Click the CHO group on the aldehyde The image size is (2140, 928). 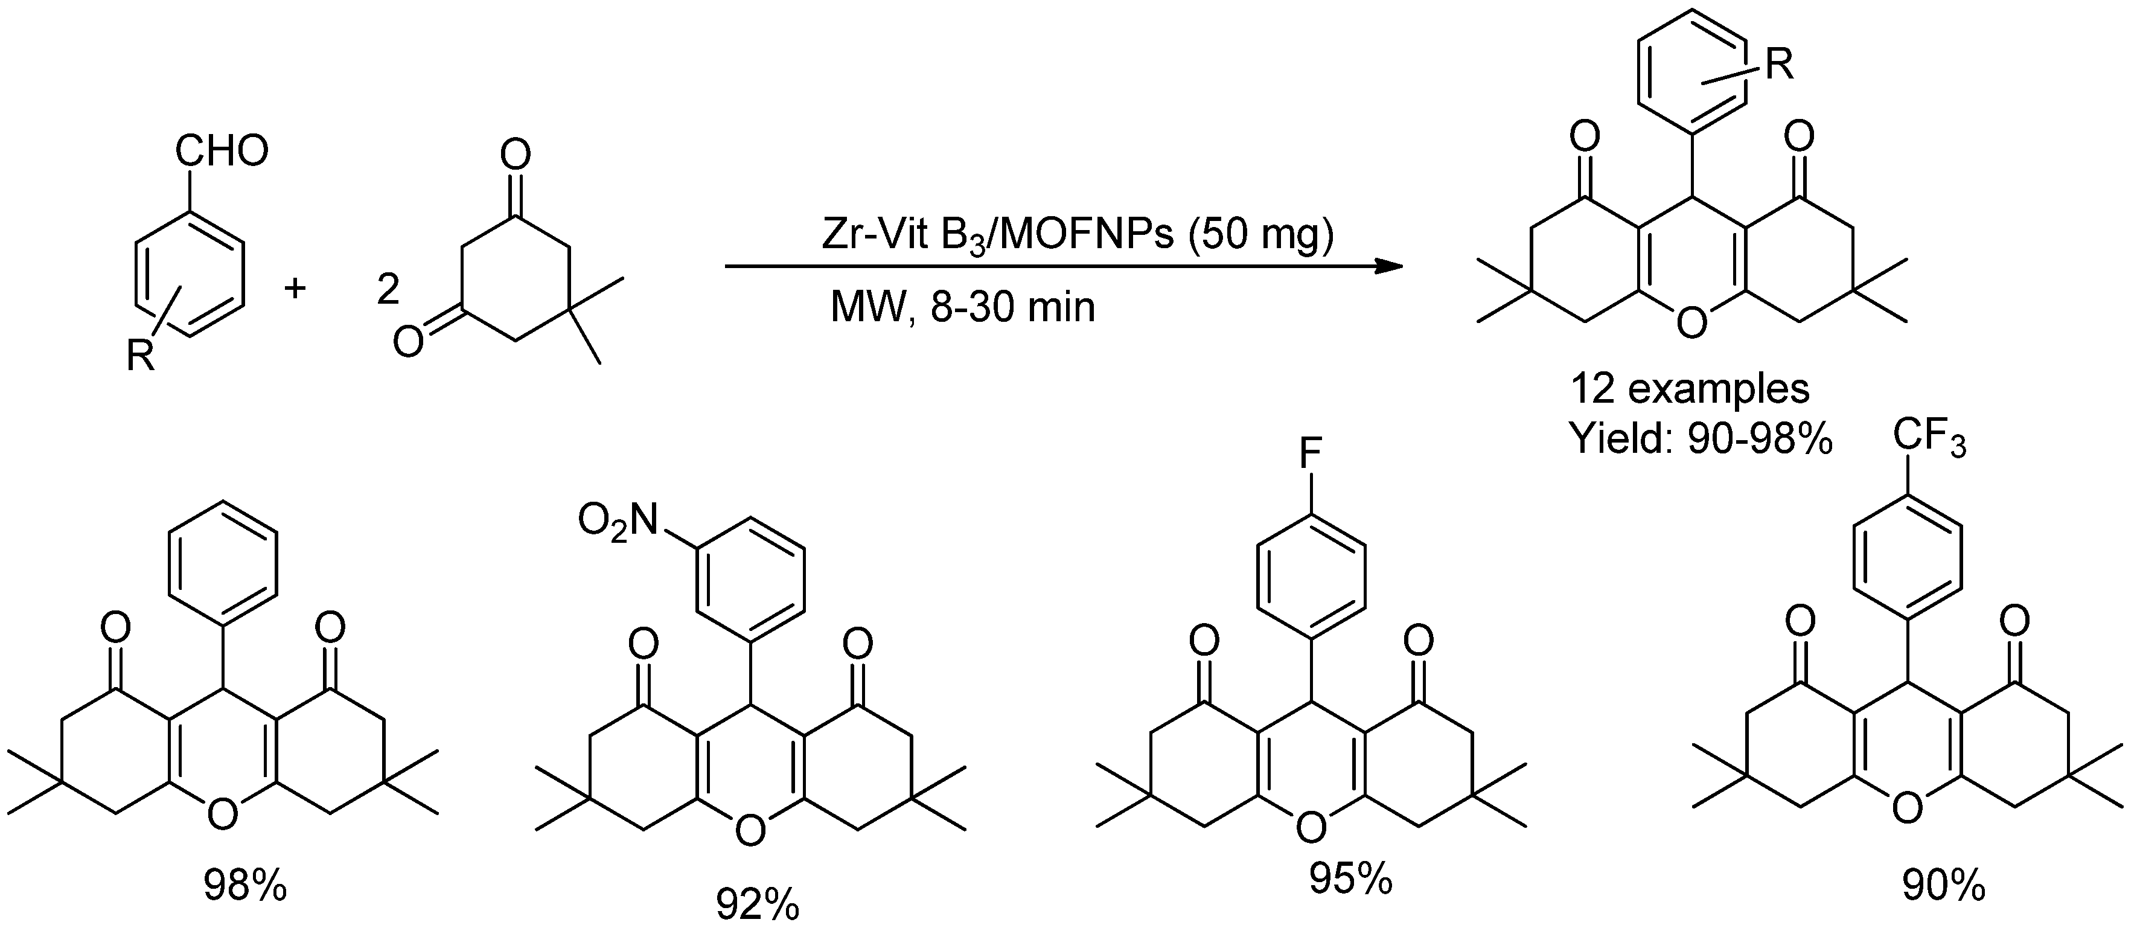(222, 152)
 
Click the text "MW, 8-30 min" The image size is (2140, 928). (963, 308)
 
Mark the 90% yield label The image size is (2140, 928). (1943, 886)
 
